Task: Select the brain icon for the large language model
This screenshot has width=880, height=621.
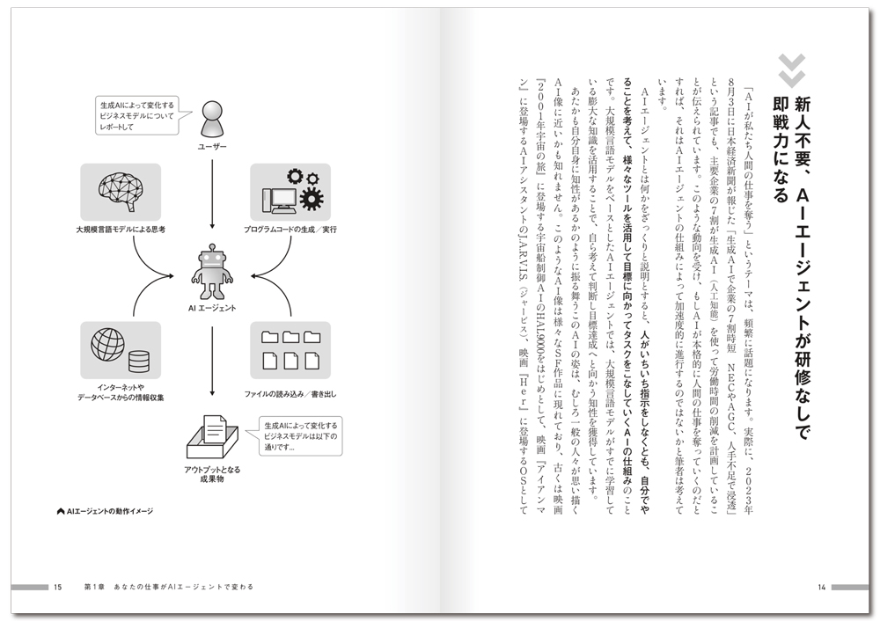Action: click(121, 192)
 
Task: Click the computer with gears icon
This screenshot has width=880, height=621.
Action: click(290, 192)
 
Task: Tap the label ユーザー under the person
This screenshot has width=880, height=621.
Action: click(213, 146)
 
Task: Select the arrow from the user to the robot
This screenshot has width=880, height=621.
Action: click(213, 194)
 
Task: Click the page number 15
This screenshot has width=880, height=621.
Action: click(57, 587)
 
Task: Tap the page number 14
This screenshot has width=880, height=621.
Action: click(820, 587)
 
